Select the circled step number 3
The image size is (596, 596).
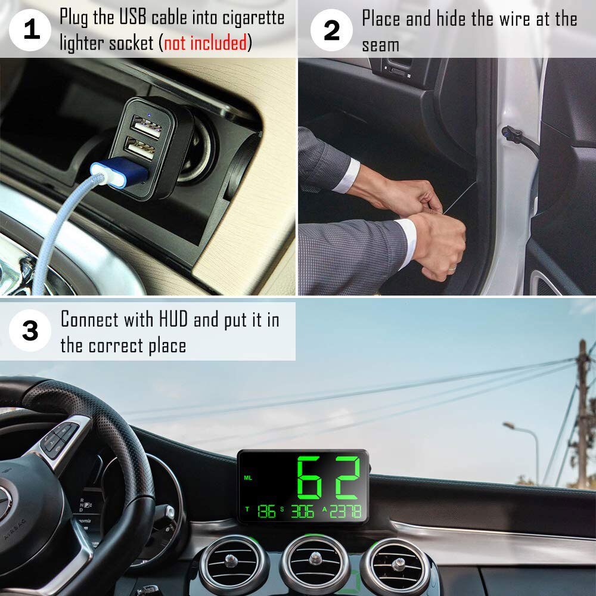coord(30,330)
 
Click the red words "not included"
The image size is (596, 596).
coord(206,43)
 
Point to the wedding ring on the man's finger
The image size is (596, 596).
coord(452,269)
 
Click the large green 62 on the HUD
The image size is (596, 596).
coord(330,478)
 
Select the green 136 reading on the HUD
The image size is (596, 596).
coord(266,511)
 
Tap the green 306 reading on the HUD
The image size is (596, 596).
coord(302,511)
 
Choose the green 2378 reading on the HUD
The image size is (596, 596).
coord(346,511)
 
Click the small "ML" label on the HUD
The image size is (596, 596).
coord(248,478)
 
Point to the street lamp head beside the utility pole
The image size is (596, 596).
coord(509,426)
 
